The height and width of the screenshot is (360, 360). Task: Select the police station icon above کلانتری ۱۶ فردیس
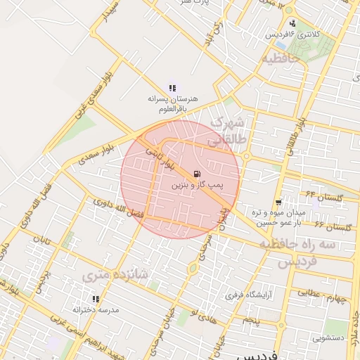292,24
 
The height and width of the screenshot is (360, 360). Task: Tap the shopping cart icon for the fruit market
279,201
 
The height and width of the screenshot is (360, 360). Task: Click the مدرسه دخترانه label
96,309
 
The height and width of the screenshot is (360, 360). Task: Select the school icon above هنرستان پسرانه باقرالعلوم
172,88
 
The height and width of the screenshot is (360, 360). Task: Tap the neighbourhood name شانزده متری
108,277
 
